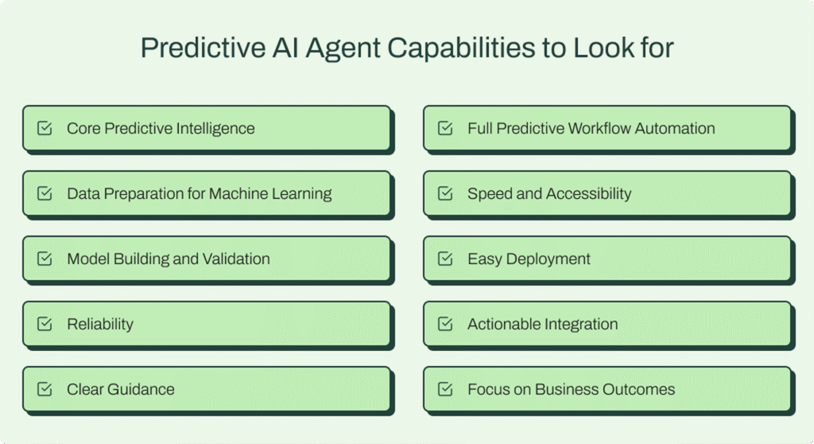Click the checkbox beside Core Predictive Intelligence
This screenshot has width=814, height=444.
[x=45, y=128]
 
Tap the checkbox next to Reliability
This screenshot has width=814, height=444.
[x=45, y=324]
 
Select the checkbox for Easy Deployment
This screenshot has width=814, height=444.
[x=446, y=259]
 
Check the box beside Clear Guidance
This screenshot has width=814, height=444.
[x=45, y=389]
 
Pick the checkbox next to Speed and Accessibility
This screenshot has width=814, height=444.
[x=446, y=193]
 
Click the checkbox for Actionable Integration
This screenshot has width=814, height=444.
[x=446, y=324]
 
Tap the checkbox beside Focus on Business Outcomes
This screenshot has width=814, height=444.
[x=446, y=389]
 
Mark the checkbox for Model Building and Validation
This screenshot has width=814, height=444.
[x=45, y=259]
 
